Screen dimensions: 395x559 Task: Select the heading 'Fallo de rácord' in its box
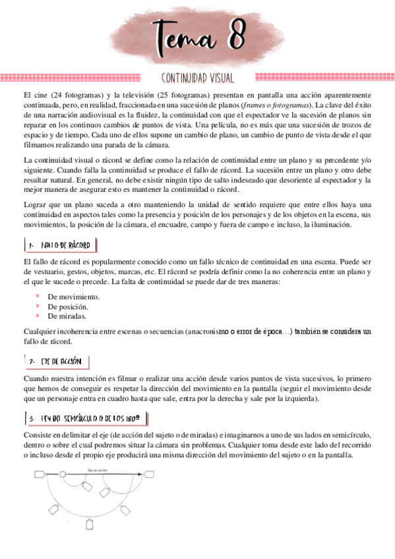(x=65, y=245)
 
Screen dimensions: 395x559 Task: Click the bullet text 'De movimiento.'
(x=73, y=297)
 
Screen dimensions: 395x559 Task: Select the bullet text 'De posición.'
(x=68, y=307)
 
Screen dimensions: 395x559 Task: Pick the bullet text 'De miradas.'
(x=67, y=316)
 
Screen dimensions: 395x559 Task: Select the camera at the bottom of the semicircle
(x=90, y=525)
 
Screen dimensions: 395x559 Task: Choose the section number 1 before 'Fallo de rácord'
(x=31, y=245)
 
